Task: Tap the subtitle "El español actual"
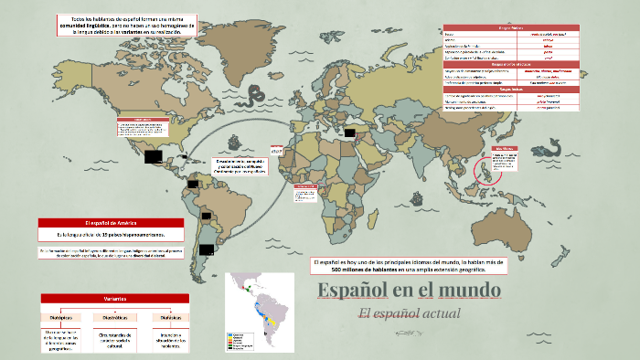click(x=410, y=313)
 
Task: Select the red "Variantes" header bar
click(x=114, y=299)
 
